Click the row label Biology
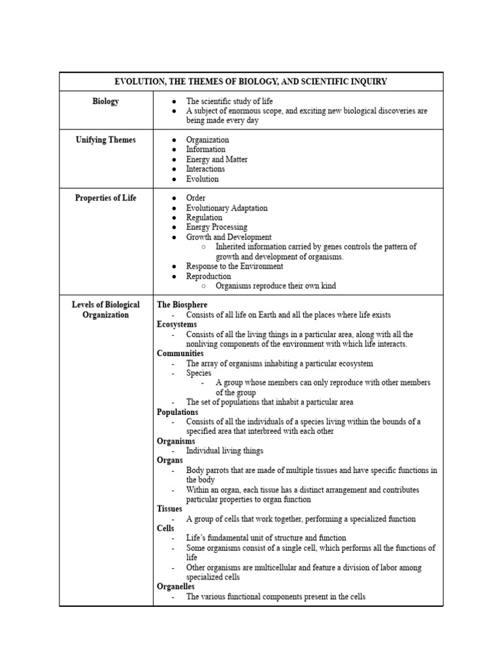coord(106,101)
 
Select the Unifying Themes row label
coord(106,140)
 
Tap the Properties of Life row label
coord(106,198)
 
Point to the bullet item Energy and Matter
coord(216,159)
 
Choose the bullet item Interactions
coord(205,169)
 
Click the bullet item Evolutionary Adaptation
coord(226,208)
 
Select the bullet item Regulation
coord(204,218)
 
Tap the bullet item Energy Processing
coord(216,227)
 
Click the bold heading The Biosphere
coord(182,305)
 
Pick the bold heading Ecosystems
coord(176,325)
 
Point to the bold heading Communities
coord(180,353)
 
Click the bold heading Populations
coord(178,412)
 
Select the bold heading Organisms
coord(176,442)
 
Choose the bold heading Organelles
coord(176,587)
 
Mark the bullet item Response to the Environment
coord(235,267)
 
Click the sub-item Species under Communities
coord(199,373)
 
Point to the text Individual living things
coord(224,451)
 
